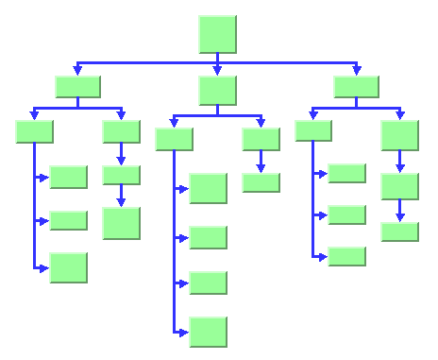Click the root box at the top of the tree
coord(217,34)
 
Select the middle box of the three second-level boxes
coord(217,90)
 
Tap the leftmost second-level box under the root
coord(77,86)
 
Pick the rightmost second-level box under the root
coord(356,86)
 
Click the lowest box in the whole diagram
coord(208,332)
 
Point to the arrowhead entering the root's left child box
coord(77,71)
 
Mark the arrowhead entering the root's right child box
coord(356,71)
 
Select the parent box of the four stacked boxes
coord(174,139)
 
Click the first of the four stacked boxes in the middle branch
coord(208,188)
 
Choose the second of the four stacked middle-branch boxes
coord(208,237)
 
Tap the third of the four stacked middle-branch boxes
coord(208,283)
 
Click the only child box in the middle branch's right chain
coord(261,182)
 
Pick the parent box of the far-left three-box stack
coord(34,131)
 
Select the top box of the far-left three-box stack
coord(68,177)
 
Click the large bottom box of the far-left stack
coord(68,267)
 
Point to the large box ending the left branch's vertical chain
coord(121,223)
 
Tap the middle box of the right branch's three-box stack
coord(346,214)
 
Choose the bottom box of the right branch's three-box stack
coord(346,256)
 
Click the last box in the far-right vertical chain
coord(399,231)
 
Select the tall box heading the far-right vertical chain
coord(399,135)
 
